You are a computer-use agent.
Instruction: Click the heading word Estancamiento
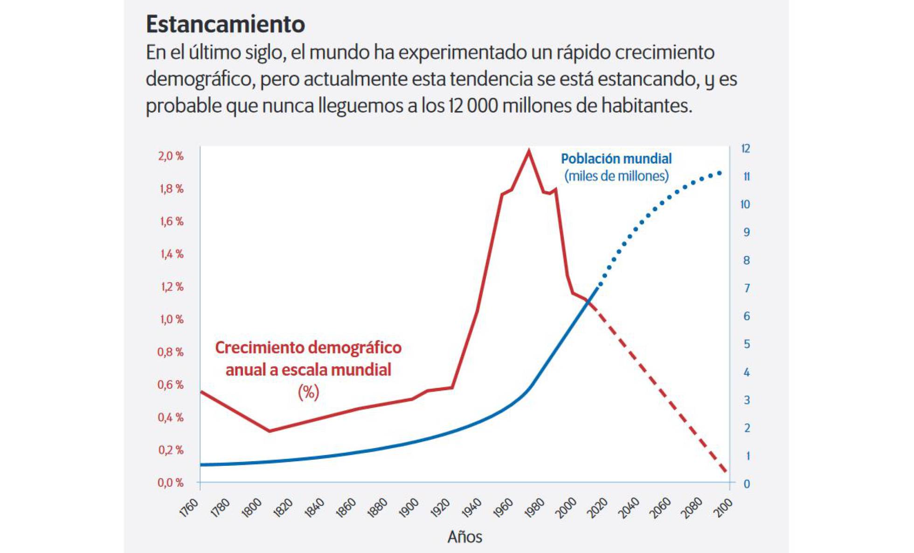[x=225, y=24]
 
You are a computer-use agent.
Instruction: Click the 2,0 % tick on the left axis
[x=171, y=156]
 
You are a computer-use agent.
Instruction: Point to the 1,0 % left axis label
[x=172, y=319]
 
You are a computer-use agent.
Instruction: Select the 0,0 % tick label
[x=171, y=483]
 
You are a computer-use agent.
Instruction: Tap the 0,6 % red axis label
[x=171, y=385]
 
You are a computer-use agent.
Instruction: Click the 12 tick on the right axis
[x=746, y=149]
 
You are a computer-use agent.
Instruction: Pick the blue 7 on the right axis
[x=747, y=288]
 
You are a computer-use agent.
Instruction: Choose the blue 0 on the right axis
[x=747, y=484]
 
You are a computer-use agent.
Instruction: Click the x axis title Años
[x=464, y=537]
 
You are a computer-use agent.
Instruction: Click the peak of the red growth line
[x=528, y=151]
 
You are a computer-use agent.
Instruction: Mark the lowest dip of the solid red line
[x=269, y=431]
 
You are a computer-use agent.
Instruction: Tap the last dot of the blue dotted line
[x=720, y=173]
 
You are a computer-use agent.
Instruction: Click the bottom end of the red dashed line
[x=726, y=472]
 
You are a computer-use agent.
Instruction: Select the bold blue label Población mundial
[x=616, y=159]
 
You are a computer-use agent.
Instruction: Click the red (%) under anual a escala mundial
[x=308, y=392]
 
